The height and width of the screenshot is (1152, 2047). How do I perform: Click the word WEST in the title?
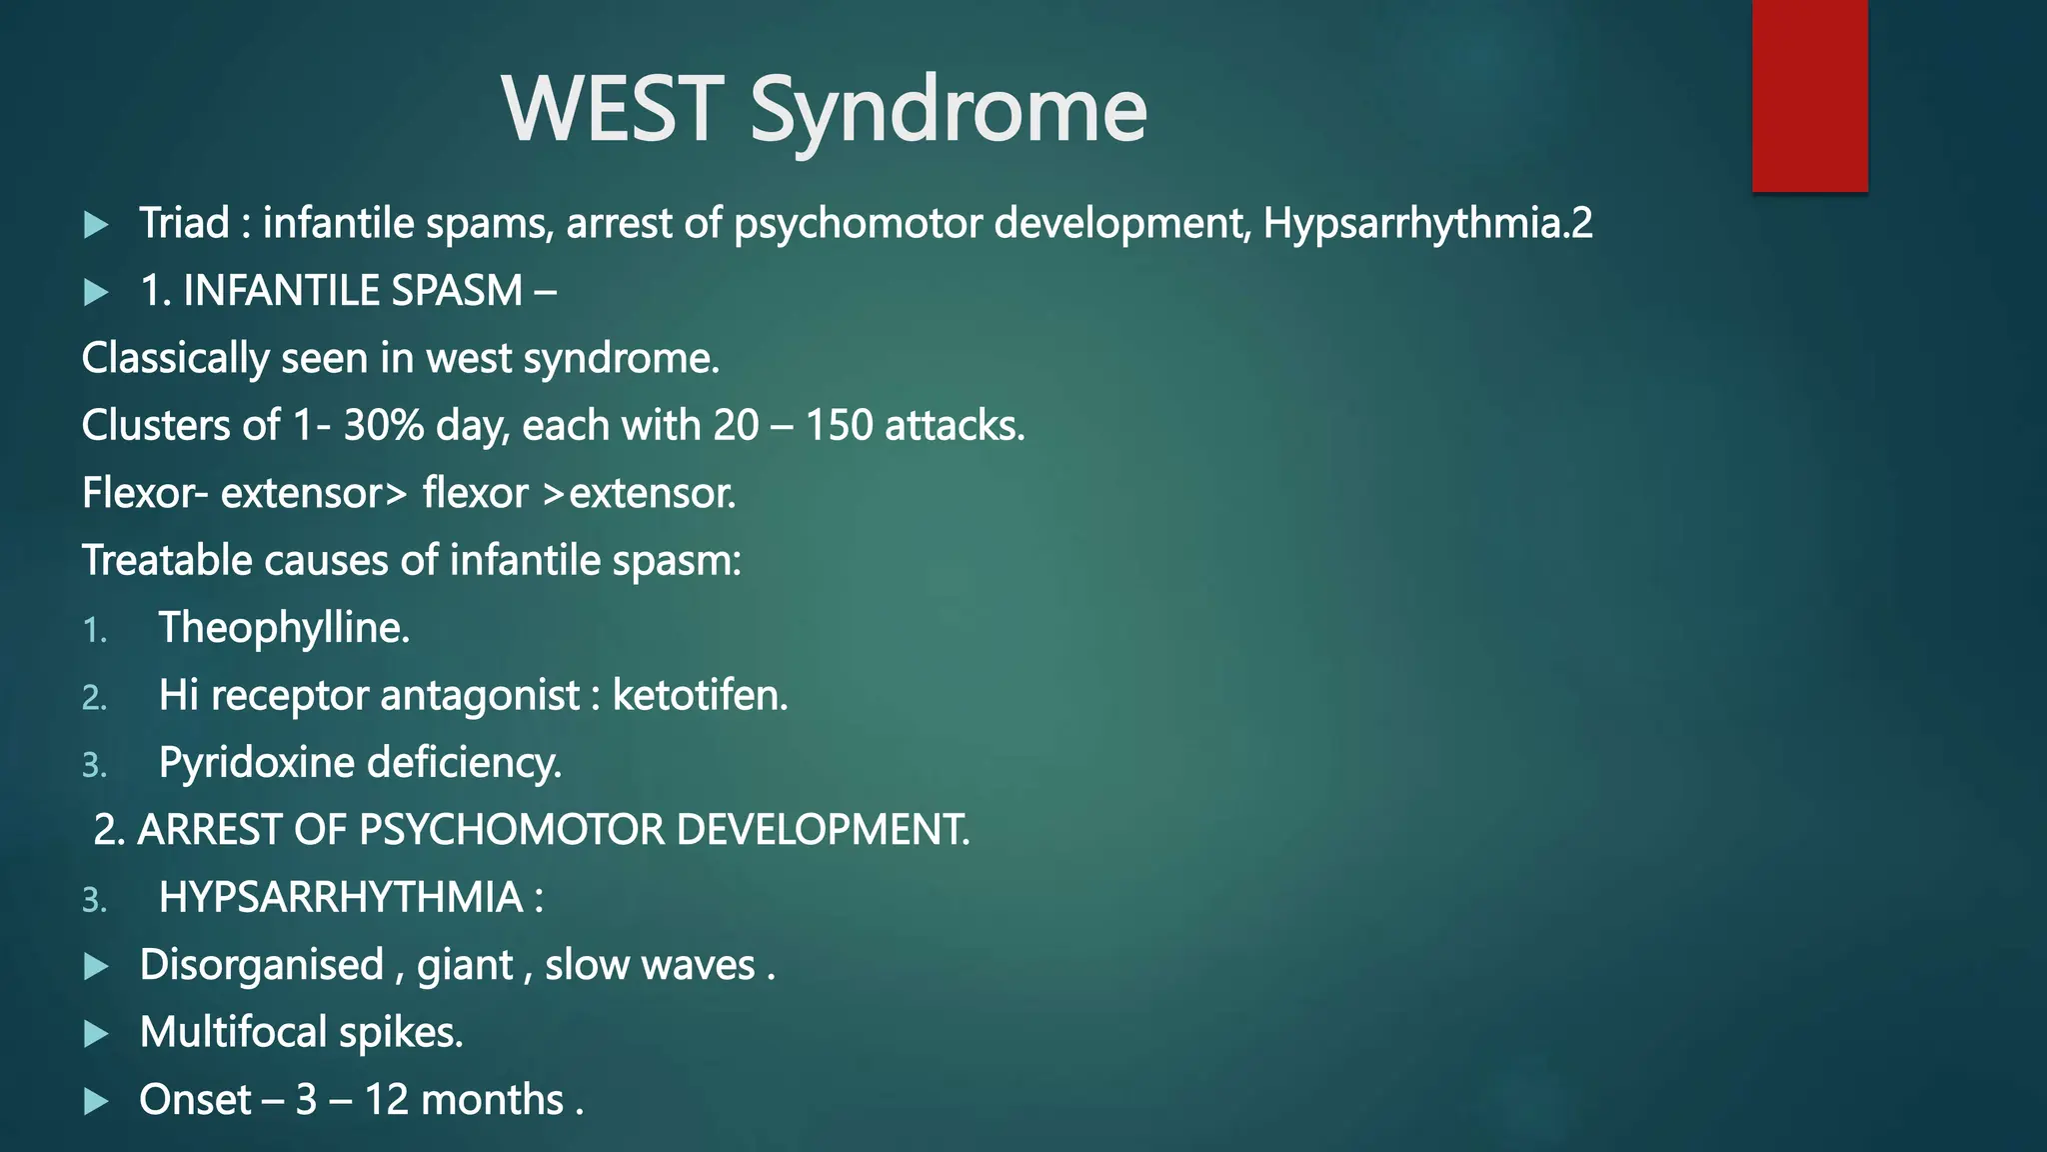[612, 109]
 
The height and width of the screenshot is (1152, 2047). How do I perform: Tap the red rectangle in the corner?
[1809, 95]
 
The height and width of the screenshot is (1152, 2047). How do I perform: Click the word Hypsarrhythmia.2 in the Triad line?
[1427, 223]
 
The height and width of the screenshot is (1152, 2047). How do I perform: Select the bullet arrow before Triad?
[97, 224]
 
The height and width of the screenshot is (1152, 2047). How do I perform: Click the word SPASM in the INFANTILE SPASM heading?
[458, 291]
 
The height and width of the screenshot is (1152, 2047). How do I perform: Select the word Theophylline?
[284, 628]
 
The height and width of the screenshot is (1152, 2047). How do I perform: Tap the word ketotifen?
[700, 695]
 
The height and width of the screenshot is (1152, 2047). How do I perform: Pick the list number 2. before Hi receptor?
[94, 697]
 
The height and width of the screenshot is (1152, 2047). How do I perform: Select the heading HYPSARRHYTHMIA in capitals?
[341, 898]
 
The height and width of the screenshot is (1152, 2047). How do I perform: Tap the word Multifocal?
[233, 1032]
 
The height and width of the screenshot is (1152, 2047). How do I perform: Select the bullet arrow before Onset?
[97, 1101]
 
